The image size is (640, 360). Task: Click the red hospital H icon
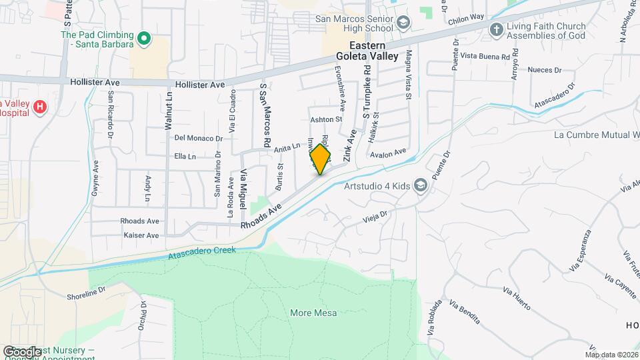(x=41, y=106)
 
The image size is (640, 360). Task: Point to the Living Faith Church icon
(x=495, y=30)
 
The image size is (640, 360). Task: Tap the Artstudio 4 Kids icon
(x=420, y=185)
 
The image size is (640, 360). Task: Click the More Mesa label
(x=313, y=313)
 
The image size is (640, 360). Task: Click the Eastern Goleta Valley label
(x=367, y=51)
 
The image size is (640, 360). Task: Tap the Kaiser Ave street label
(x=141, y=235)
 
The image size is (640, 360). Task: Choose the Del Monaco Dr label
(x=197, y=138)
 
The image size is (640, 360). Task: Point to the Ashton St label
(x=326, y=120)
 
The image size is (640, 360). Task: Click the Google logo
(x=22, y=351)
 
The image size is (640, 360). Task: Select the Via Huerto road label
(x=517, y=301)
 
